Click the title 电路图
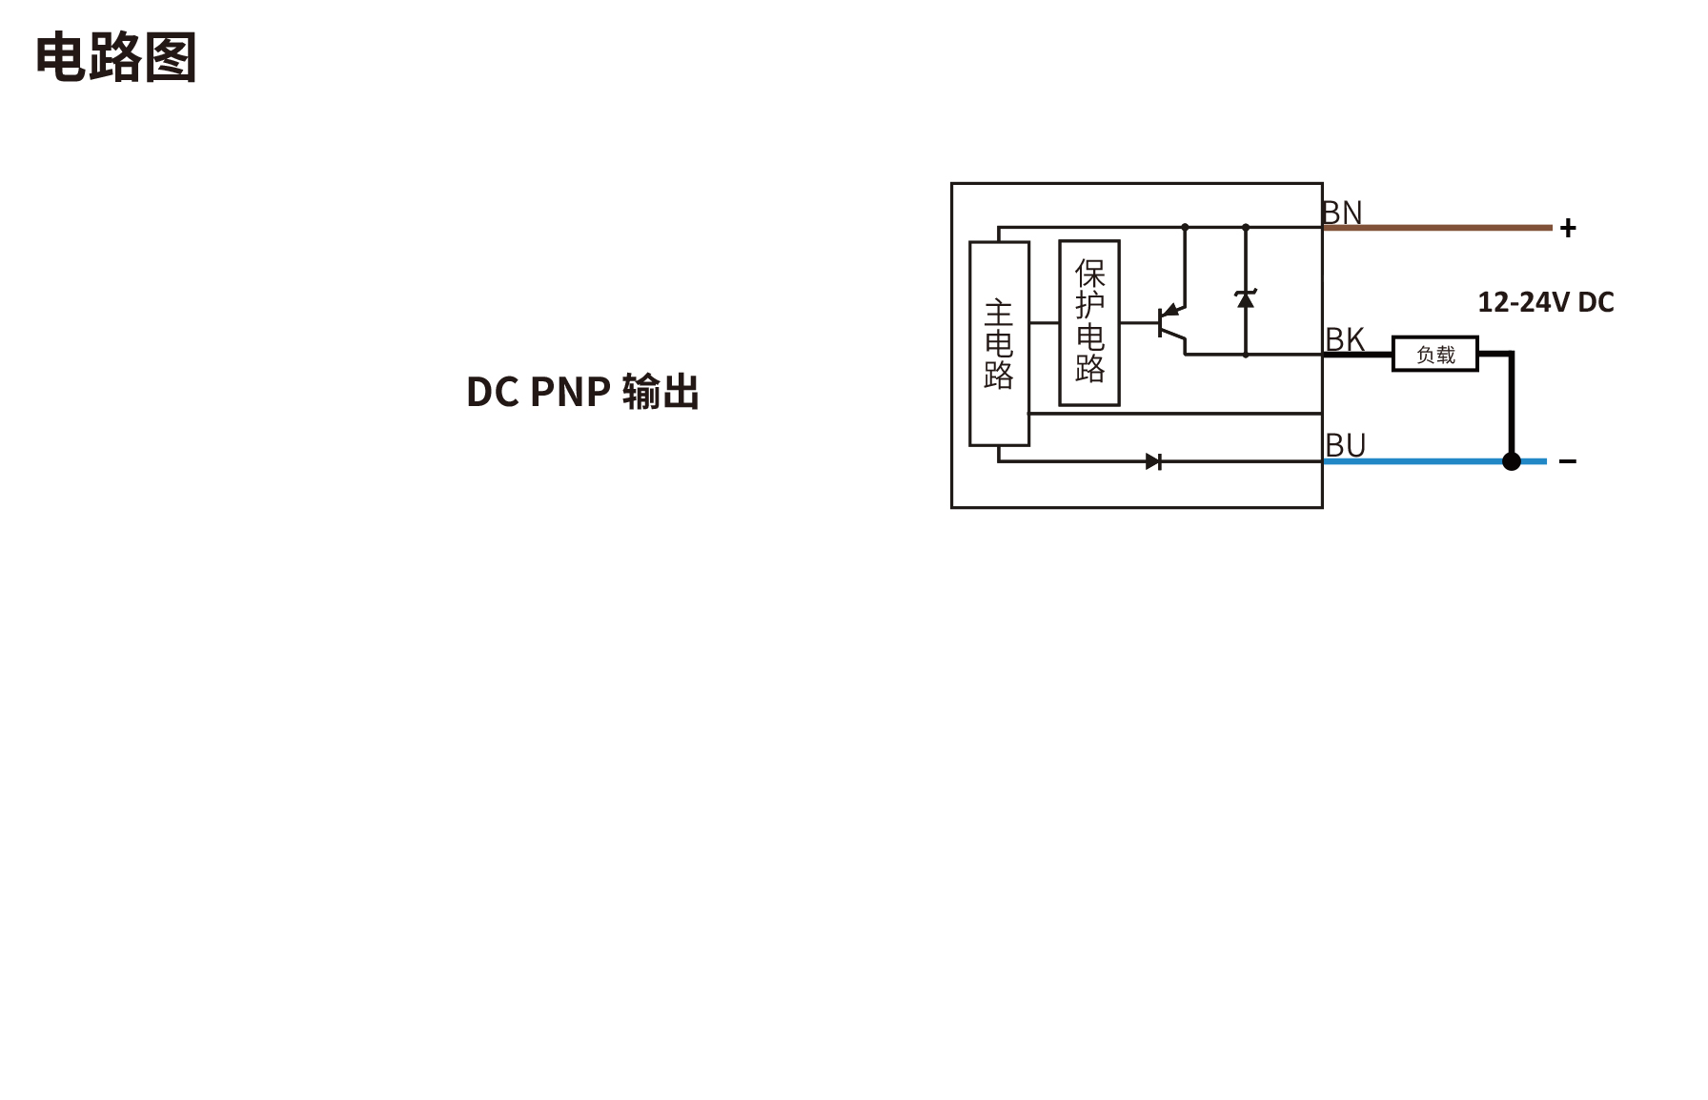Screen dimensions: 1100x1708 click(x=115, y=57)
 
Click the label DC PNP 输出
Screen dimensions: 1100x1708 click(x=582, y=392)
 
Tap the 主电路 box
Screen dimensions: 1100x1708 click(x=999, y=343)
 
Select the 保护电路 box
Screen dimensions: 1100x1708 click(x=1089, y=322)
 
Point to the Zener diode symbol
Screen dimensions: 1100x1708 click(x=1245, y=299)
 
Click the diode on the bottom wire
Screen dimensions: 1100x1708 click(x=1153, y=461)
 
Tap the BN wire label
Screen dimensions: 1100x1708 click(x=1342, y=213)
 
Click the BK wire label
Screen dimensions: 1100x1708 click(x=1345, y=339)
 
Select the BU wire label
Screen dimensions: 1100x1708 click(x=1346, y=445)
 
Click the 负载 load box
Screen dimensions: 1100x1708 click(x=1435, y=355)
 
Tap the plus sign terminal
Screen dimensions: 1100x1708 click(x=1568, y=228)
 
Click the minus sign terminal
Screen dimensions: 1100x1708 click(x=1568, y=461)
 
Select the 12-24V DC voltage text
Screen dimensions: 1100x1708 click(x=1545, y=302)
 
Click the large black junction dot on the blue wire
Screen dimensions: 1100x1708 click(x=1511, y=461)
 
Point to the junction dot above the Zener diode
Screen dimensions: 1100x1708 click(x=1246, y=227)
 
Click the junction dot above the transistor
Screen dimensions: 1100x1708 click(x=1185, y=227)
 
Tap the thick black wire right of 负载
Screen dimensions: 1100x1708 click(x=1511, y=400)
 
